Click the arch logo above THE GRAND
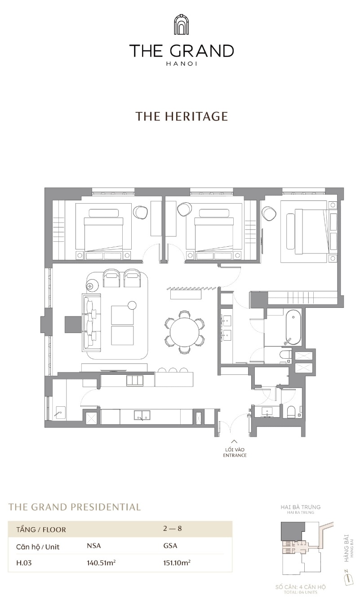182,24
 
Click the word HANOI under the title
182,64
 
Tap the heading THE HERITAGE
182,116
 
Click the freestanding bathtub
293,327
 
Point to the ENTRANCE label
235,455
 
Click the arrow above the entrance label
235,442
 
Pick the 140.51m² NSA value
101,563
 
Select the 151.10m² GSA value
177,563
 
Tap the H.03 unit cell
24,563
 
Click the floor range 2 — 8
172,529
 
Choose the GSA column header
170,546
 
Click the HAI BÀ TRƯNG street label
301,507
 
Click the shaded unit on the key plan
293,531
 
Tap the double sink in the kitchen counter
142,415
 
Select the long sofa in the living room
91,322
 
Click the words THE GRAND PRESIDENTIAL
75,507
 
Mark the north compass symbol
349,578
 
